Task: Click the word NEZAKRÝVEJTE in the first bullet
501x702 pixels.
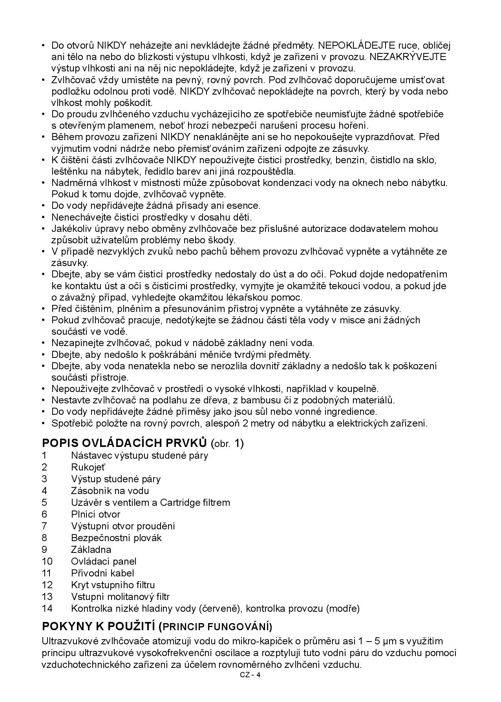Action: (408, 57)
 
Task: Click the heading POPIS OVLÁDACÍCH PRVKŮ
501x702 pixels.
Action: (124, 443)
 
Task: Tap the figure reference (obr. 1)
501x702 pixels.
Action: (227, 443)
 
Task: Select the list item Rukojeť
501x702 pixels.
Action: (88, 467)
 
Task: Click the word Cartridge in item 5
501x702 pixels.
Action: (180, 503)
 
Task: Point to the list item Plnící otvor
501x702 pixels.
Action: (95, 514)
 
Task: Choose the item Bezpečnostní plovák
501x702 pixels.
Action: (116, 538)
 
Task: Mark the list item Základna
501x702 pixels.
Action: (91, 550)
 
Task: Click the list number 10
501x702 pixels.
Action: (47, 562)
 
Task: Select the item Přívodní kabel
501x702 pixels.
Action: (102, 573)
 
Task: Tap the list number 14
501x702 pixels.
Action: (47, 609)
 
